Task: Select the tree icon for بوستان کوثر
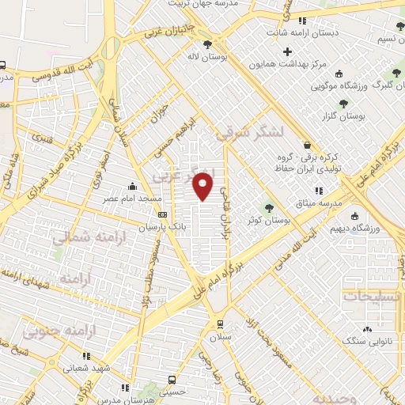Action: point(270,207)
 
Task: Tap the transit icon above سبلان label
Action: point(219,324)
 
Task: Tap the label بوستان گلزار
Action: point(354,117)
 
